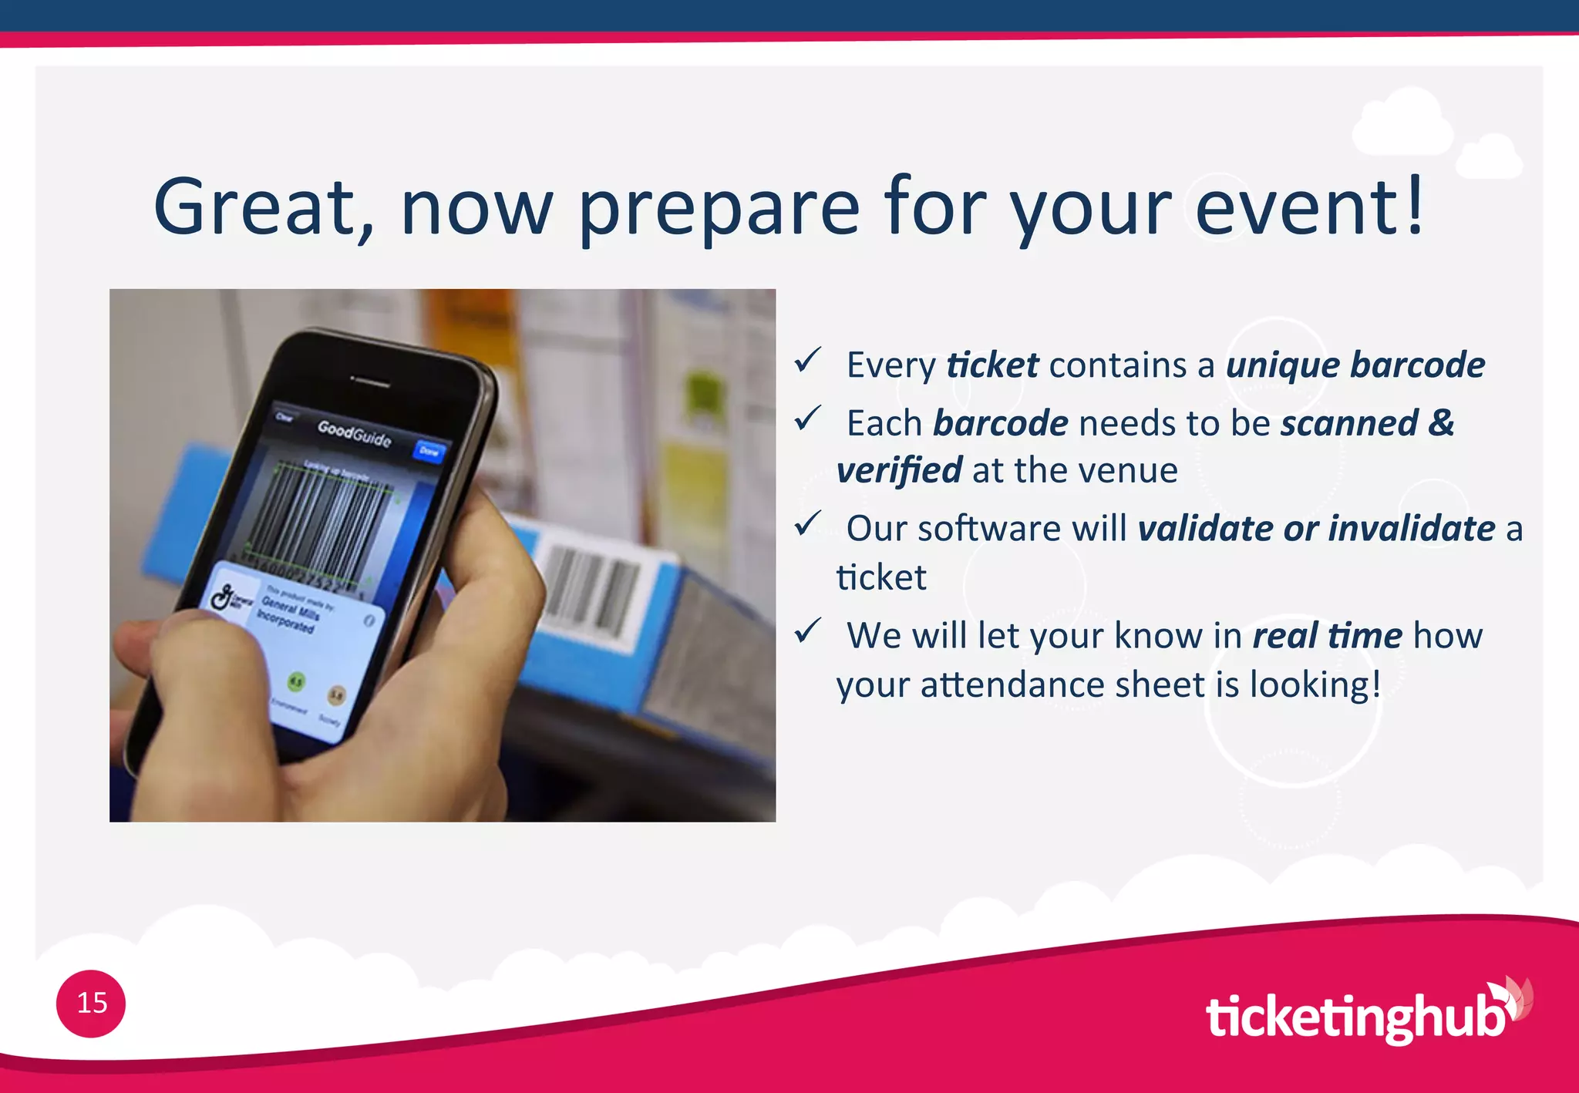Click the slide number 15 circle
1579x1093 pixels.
[x=91, y=1003]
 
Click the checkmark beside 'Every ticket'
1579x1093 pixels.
[x=808, y=359]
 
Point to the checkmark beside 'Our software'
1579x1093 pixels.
[x=808, y=523]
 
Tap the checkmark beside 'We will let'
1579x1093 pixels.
[x=808, y=631]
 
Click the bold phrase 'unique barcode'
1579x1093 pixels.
[x=1355, y=365]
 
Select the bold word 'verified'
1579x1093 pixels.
[x=899, y=470]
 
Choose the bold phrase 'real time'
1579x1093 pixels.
[x=1327, y=636]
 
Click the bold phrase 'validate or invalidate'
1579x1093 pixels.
[x=1316, y=529]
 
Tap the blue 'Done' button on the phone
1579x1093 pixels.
[x=429, y=451]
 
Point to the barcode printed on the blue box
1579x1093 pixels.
[x=592, y=592]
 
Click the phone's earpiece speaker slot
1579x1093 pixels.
[x=371, y=381]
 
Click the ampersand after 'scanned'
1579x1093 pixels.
[x=1440, y=423]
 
